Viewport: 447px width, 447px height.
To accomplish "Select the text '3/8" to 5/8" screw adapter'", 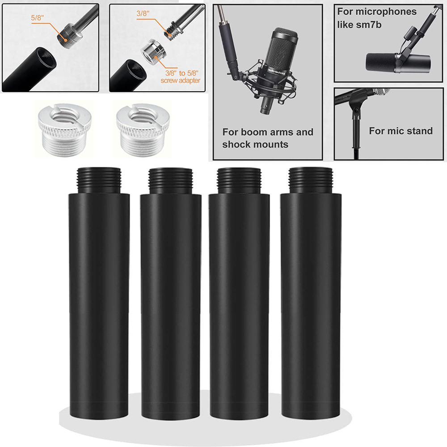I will [181, 77].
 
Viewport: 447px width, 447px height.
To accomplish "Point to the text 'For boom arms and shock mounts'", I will [267, 138].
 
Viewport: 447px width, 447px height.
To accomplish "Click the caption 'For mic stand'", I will [401, 131].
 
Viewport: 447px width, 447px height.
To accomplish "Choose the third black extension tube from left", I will [240, 295].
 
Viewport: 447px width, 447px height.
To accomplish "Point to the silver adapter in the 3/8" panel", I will [154, 52].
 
